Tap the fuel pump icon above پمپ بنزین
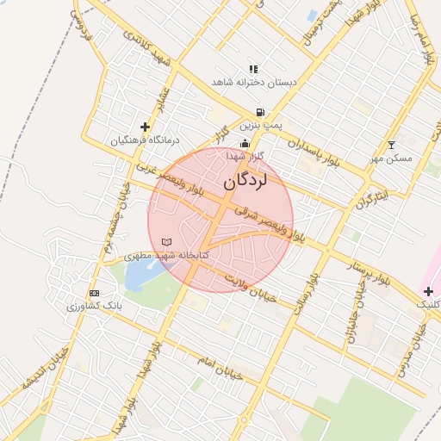click(260, 113)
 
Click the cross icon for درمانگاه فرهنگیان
click(145, 127)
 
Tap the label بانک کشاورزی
click(97, 306)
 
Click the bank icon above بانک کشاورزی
click(94, 293)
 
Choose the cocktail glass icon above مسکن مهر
click(392, 145)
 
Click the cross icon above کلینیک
click(427, 293)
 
